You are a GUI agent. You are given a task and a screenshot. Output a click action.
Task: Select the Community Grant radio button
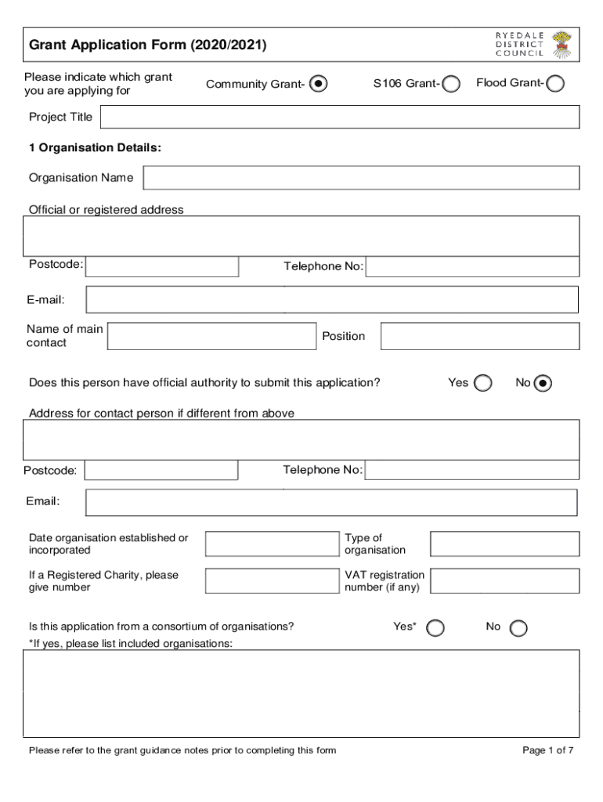(319, 84)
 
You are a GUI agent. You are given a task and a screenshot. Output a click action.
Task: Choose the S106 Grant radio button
(450, 84)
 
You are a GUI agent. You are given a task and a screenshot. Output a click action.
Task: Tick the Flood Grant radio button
(554, 84)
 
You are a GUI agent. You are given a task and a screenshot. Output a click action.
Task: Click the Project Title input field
(340, 117)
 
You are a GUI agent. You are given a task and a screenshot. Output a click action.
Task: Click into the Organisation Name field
(361, 178)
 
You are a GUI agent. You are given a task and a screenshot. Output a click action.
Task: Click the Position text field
(479, 336)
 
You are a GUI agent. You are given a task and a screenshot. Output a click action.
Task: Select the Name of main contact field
(211, 336)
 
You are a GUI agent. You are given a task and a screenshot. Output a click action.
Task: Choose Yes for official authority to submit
(483, 383)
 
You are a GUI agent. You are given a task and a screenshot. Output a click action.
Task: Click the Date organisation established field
(271, 544)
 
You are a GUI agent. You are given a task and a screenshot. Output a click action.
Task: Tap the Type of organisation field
(504, 544)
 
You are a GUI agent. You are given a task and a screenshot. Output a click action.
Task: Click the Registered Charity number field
(271, 580)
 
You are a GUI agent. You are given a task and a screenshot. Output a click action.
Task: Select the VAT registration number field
(504, 580)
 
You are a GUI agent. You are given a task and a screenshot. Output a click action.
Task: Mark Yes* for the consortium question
(435, 628)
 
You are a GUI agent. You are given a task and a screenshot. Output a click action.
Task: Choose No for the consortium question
(518, 628)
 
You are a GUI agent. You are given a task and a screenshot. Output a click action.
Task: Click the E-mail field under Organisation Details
(332, 299)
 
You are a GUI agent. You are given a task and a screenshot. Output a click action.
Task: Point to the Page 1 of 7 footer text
(548, 750)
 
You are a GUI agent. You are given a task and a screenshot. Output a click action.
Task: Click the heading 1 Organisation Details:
(95, 147)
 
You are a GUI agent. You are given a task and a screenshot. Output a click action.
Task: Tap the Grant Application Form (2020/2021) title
(148, 45)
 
